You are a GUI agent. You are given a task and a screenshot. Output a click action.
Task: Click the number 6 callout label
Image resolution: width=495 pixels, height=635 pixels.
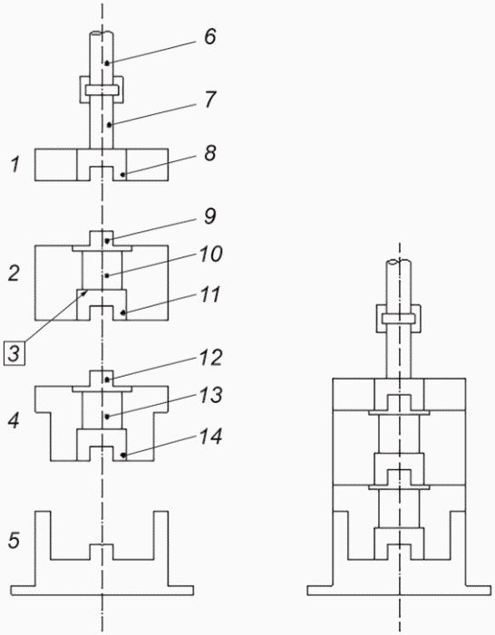[209, 36]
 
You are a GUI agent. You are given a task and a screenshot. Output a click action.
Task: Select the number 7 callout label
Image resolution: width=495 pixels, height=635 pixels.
[210, 100]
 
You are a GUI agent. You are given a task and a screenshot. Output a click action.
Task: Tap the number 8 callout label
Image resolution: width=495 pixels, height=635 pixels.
[209, 153]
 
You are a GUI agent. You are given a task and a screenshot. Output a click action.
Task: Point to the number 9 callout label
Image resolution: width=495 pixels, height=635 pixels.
[209, 216]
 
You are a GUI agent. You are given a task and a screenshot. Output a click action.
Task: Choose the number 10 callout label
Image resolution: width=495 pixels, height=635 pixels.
[210, 254]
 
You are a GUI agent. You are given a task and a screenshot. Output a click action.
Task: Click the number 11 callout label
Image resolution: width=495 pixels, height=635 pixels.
[209, 294]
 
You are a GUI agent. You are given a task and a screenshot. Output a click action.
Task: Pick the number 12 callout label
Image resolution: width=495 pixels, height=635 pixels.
[210, 358]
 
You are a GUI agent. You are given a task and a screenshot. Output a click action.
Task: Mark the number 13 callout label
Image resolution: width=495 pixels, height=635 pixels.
[210, 395]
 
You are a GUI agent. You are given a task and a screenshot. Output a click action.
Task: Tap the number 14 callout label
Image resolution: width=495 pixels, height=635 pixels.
[210, 437]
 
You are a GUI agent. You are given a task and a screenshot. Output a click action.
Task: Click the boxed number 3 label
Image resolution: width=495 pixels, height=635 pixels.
[15, 353]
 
